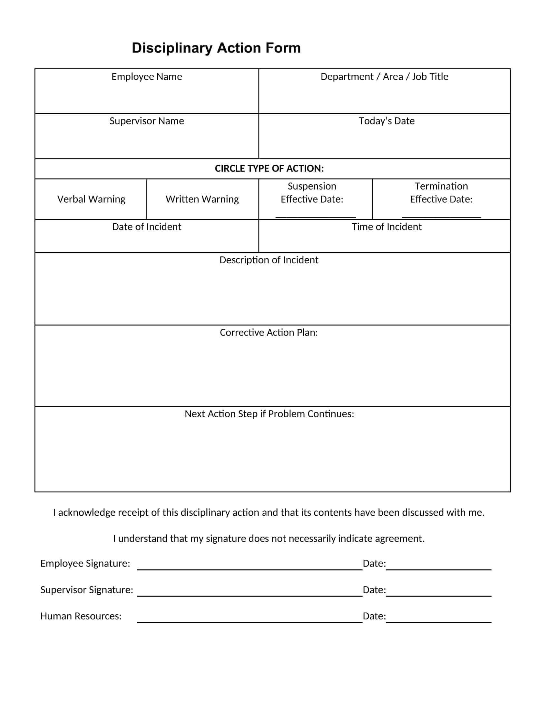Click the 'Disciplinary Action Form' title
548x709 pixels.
tap(216, 48)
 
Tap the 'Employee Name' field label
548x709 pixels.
tap(147, 77)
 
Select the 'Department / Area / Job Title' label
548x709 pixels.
tap(384, 77)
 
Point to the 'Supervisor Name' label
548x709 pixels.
tap(147, 121)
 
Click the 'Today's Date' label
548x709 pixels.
tap(387, 121)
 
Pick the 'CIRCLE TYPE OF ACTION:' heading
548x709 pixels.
tap(269, 169)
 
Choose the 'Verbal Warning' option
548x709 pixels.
tap(91, 199)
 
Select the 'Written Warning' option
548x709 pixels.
tap(202, 199)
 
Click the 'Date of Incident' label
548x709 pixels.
tap(147, 227)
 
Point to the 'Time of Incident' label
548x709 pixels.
tap(387, 227)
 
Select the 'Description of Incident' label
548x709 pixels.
tap(269, 260)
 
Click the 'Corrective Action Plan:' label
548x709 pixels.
tap(269, 333)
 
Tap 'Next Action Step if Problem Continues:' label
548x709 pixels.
tap(269, 414)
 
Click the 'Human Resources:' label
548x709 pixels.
tap(81, 616)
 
